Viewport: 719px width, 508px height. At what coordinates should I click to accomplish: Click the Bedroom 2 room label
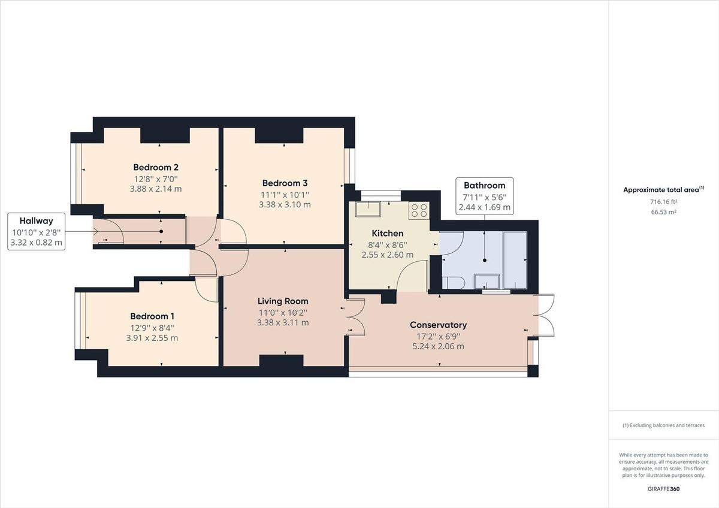pos(156,168)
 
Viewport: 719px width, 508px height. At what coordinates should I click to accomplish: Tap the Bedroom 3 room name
pos(285,183)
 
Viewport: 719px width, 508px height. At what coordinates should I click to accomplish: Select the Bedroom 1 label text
pos(153,316)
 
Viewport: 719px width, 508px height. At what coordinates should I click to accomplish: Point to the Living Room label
pos(283,301)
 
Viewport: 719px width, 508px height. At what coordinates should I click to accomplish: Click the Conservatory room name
pos(438,325)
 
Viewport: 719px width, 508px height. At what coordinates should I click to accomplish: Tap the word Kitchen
pos(388,234)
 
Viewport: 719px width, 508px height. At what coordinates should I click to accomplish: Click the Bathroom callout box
pos(485,196)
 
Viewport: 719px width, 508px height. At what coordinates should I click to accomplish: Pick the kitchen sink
pos(365,210)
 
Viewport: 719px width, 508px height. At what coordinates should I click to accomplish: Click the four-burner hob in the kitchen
pos(418,210)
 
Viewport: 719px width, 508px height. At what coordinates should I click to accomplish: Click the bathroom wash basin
pos(486,281)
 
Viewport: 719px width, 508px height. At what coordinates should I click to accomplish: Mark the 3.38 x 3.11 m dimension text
pos(283,323)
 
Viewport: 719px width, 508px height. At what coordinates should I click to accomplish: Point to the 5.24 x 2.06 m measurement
pos(438,346)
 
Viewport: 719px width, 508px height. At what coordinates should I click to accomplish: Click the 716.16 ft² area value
pos(663,202)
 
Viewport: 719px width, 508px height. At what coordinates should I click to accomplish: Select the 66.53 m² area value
pos(663,212)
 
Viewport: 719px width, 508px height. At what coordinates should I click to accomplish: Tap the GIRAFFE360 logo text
pos(663,489)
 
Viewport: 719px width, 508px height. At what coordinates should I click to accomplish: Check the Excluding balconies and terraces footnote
pos(663,425)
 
